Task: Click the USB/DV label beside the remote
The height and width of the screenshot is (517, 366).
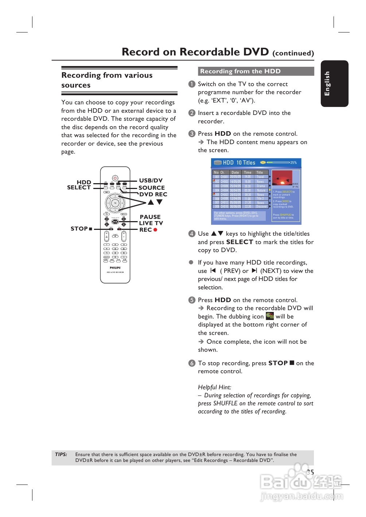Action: click(151, 180)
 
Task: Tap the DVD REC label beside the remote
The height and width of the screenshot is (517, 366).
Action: click(153, 194)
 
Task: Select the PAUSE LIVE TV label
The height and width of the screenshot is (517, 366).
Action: click(151, 220)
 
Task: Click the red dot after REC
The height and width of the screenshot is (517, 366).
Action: click(155, 230)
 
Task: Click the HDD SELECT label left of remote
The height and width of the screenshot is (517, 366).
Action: click(79, 185)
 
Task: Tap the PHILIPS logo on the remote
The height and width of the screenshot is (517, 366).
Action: click(115, 268)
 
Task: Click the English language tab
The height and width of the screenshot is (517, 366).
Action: click(334, 84)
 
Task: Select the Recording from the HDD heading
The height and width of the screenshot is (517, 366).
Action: click(240, 72)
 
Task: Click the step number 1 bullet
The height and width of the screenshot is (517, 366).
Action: click(192, 84)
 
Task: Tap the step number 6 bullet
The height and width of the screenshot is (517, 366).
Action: click(192, 363)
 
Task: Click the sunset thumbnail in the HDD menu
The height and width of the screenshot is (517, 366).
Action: click(282, 178)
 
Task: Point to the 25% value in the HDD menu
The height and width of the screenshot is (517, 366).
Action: click(293, 163)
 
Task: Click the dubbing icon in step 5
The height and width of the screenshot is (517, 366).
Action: click(270, 316)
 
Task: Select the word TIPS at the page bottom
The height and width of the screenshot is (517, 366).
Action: click(61, 455)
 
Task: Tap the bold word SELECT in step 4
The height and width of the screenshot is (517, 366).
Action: click(240, 242)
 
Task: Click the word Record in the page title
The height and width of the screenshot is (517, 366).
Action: click(141, 52)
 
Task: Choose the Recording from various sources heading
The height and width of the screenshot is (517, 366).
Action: click(107, 80)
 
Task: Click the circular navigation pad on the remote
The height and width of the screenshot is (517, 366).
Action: click(115, 202)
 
